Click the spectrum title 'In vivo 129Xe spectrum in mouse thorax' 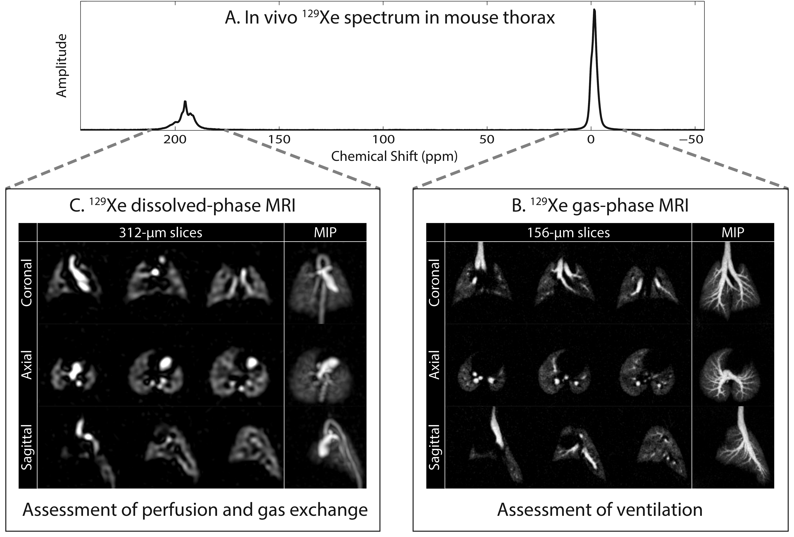click(390, 18)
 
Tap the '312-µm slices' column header click(161, 233)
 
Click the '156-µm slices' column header click(568, 233)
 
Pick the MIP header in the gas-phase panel click(732, 233)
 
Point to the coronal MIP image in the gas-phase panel click(732, 283)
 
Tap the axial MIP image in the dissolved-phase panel click(325, 365)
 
